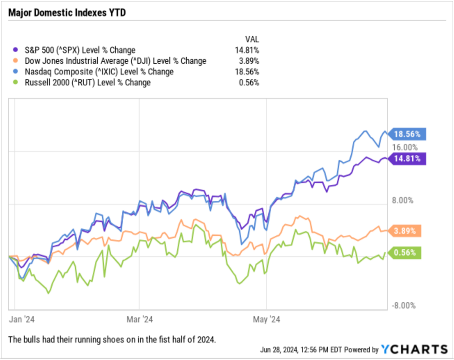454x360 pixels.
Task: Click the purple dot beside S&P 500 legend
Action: click(15, 50)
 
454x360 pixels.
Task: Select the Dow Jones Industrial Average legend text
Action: click(115, 61)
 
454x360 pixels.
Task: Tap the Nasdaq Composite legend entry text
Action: click(99, 72)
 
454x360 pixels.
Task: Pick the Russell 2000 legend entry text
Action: click(87, 82)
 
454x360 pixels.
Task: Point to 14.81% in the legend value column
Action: click(248, 50)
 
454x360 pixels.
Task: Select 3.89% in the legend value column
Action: click(250, 61)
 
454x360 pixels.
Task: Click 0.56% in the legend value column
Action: click(250, 82)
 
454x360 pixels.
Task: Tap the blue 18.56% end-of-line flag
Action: click(407, 134)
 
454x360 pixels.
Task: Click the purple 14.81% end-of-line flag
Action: click(407, 159)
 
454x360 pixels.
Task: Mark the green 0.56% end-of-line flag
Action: click(405, 252)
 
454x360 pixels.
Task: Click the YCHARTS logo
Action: click(414, 349)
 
